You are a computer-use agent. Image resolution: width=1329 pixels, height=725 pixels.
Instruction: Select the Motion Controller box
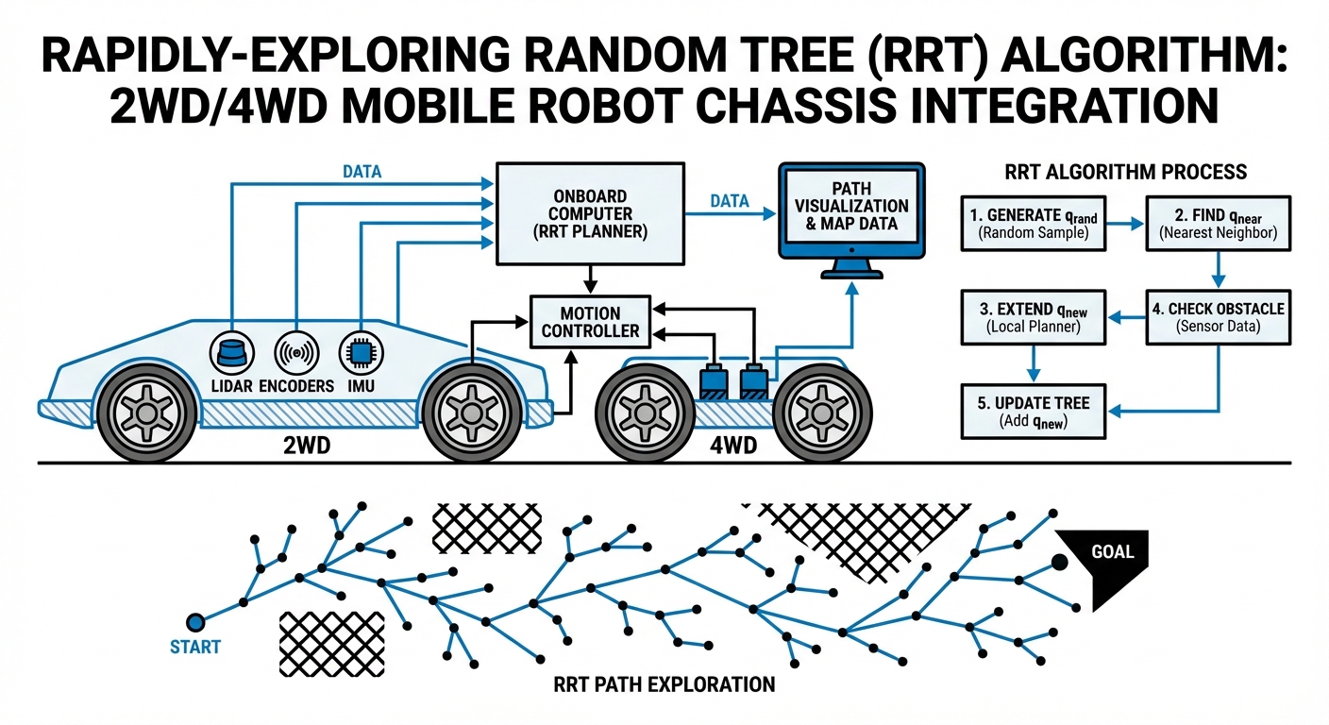click(590, 322)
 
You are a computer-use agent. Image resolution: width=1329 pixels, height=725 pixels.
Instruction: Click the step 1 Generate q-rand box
click(1033, 224)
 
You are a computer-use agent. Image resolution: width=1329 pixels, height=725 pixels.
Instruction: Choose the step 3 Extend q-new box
click(1033, 317)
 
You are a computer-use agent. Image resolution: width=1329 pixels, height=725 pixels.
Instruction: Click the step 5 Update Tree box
click(1033, 412)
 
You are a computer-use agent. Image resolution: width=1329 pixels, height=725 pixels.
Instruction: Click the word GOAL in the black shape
click(1111, 551)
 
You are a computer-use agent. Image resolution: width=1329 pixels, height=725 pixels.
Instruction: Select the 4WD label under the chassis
click(732, 445)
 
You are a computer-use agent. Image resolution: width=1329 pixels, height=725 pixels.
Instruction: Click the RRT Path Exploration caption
click(664, 684)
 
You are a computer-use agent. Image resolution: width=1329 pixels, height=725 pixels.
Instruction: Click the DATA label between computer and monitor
click(728, 201)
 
